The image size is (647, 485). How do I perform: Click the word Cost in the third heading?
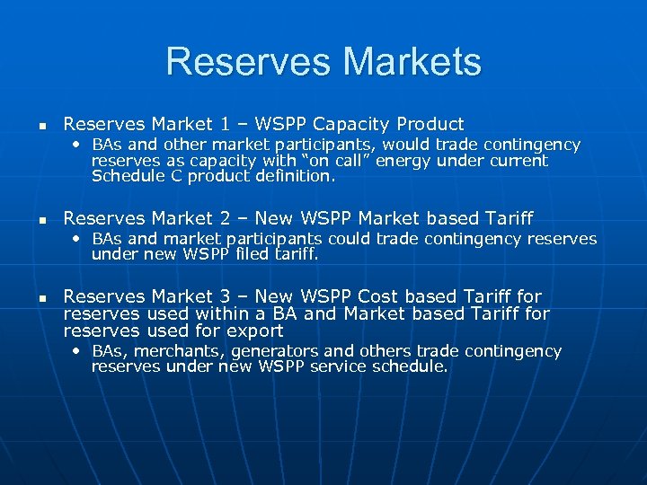380,296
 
